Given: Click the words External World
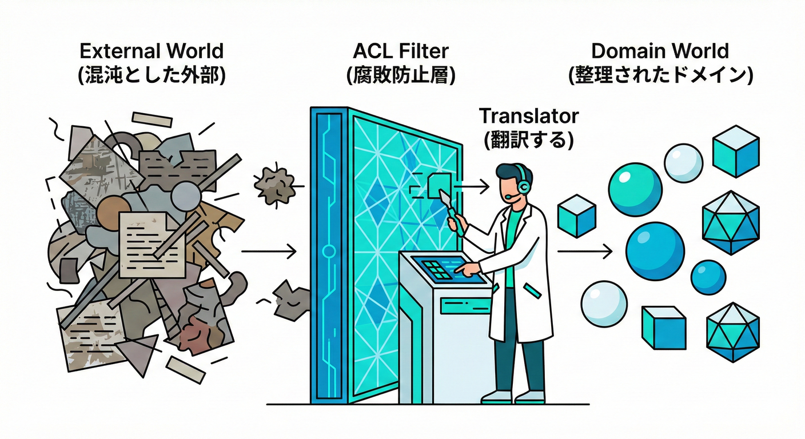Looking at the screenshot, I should click(x=152, y=51).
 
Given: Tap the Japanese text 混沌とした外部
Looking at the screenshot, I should click(x=152, y=75).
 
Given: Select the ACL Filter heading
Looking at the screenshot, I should click(x=401, y=51).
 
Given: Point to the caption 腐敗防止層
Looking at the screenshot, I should click(x=401, y=75).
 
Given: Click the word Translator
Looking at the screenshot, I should click(x=528, y=116).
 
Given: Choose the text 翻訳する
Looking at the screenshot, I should click(x=528, y=140).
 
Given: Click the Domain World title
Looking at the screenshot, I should click(x=660, y=51).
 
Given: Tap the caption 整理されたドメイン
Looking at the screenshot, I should click(x=660, y=75).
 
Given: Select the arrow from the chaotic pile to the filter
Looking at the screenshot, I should click(x=269, y=251).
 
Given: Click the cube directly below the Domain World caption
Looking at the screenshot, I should click(x=735, y=151).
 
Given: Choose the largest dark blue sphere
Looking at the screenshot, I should click(x=655, y=251).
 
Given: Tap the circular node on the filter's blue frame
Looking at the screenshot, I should click(x=328, y=251).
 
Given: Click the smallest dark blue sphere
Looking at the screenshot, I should click(x=708, y=277).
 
